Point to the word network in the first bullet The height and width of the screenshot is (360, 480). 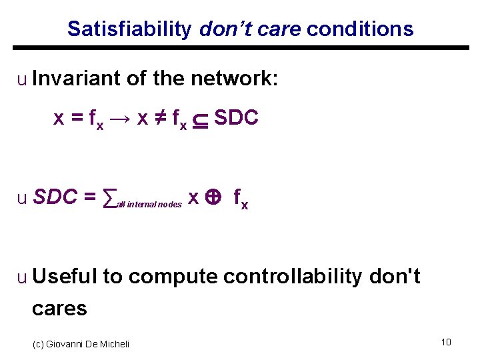[234, 79]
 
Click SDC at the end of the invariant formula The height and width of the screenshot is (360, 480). [236, 118]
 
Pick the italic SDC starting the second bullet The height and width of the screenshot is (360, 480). [54, 197]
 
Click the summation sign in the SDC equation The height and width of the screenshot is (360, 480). [109, 198]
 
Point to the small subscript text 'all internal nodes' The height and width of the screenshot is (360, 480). [149, 205]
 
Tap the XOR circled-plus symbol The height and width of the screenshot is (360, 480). [214, 198]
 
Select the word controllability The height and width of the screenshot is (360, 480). [292, 276]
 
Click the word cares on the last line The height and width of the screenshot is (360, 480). [59, 308]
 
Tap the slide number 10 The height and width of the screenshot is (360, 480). [446, 342]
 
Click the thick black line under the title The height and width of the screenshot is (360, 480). [241, 48]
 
